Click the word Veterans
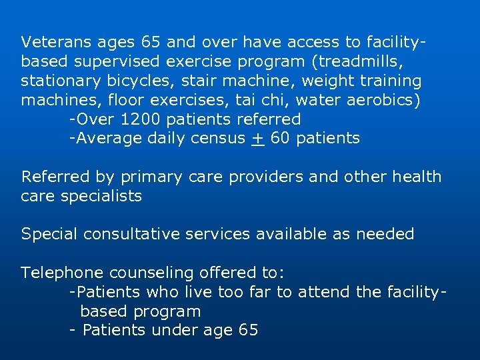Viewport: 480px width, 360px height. [51, 42]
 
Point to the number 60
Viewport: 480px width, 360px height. [280, 139]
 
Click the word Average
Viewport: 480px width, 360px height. [106, 139]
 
